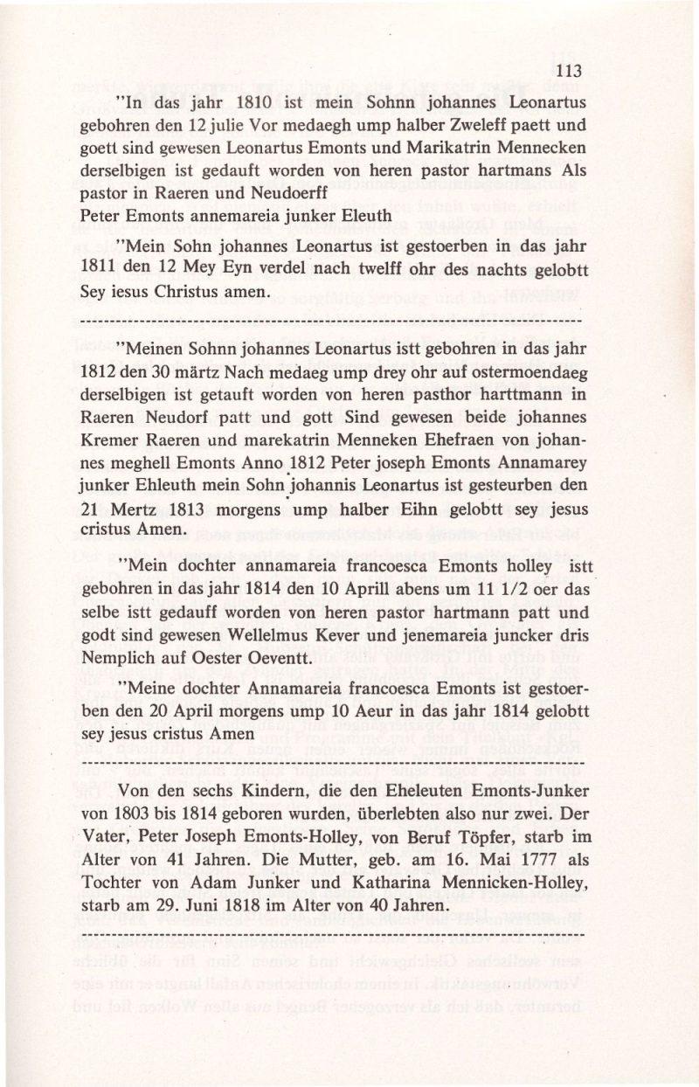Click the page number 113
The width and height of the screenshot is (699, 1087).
pyautogui.click(x=568, y=71)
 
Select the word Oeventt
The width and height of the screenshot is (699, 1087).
pyautogui.click(x=273, y=659)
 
